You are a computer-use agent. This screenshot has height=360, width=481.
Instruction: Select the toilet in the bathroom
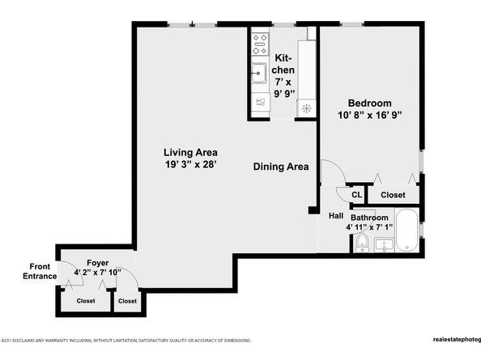point(362,244)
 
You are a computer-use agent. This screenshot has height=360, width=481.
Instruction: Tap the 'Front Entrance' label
point(43,271)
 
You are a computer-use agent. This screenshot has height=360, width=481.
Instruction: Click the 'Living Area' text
point(190,152)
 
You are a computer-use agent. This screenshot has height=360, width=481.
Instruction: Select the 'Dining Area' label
point(281,167)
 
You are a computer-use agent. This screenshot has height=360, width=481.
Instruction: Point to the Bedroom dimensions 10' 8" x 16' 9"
point(370,115)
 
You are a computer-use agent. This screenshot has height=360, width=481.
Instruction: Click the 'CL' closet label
point(356,195)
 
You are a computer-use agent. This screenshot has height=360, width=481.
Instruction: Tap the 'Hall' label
point(336,216)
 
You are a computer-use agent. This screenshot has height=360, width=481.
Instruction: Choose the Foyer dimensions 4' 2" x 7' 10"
point(98,273)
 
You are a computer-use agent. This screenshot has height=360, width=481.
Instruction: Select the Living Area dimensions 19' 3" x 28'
point(190,164)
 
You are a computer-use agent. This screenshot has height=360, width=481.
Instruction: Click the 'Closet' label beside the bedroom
point(393,195)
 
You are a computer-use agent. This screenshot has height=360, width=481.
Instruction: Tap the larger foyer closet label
point(85,301)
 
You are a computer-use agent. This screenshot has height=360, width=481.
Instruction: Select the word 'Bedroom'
point(370,103)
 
